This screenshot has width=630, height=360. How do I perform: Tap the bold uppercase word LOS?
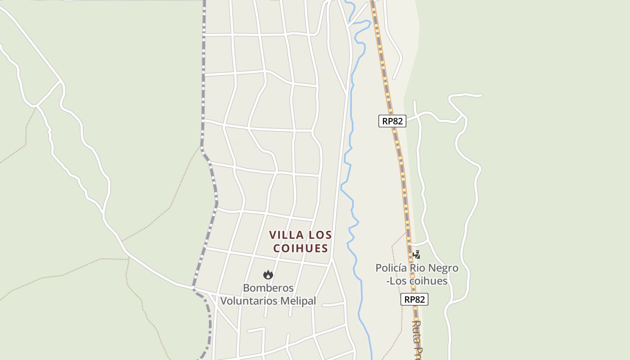(x=320, y=235)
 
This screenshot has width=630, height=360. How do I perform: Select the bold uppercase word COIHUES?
(x=300, y=248)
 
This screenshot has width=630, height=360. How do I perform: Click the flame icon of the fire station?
(x=268, y=274)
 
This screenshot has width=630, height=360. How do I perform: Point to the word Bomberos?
(x=268, y=288)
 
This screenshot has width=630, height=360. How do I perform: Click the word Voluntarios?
(x=248, y=301)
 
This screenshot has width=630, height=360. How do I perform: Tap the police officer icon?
(x=417, y=255)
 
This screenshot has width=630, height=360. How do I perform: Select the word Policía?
(x=391, y=268)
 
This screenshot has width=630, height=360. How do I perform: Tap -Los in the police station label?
(x=396, y=281)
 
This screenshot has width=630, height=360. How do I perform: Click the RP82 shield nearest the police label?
(x=414, y=299)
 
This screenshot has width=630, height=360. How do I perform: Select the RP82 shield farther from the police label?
(x=392, y=121)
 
